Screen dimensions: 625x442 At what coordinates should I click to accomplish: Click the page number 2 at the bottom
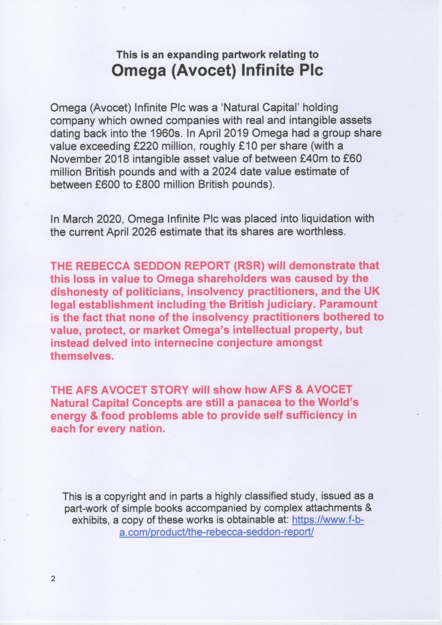53,579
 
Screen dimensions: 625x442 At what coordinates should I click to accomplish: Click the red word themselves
82,356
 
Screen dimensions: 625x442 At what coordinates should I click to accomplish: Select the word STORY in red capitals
171,390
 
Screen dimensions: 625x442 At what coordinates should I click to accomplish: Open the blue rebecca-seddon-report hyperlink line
217,532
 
